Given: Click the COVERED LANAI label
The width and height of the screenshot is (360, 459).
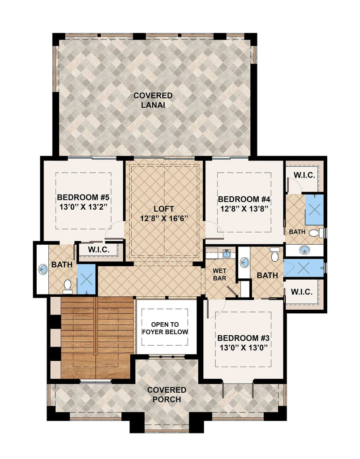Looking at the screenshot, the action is (x=153, y=100).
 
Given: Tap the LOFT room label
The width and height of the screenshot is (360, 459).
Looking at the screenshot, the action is (x=164, y=209).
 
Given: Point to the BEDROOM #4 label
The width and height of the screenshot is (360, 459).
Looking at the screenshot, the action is (x=244, y=199).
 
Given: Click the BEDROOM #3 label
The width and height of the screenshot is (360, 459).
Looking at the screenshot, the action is (x=243, y=338).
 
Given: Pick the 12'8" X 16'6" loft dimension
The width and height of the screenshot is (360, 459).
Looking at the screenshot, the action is (x=164, y=218).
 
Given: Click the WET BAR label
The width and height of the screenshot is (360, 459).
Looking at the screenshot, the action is (x=219, y=274).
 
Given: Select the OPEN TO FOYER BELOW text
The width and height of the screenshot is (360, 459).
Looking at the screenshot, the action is (x=165, y=328).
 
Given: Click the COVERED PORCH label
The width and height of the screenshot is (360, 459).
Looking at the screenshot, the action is (x=167, y=394).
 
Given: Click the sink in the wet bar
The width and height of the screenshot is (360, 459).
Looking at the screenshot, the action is (x=227, y=253).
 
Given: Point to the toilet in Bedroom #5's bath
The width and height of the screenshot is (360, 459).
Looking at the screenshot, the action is (x=68, y=286).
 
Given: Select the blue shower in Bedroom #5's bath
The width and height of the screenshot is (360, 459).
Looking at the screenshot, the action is (x=86, y=279).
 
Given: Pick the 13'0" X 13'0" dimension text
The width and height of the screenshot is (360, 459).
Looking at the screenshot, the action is (x=243, y=347).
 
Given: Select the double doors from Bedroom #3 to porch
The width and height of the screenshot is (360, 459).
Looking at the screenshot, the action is (x=238, y=390).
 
